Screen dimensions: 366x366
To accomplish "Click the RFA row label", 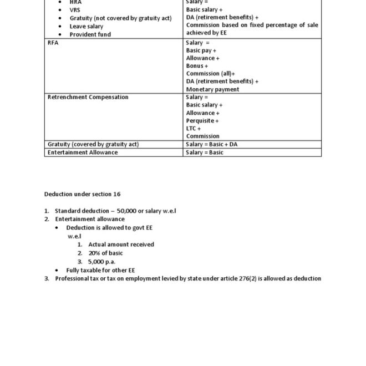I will pyautogui.click(x=53, y=43).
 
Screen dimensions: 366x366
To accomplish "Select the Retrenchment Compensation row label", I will pyautogui.click(x=88, y=97).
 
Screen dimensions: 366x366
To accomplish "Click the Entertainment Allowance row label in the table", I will pyautogui.click(x=83, y=152).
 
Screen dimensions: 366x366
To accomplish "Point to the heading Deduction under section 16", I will pyautogui.click(x=82, y=194).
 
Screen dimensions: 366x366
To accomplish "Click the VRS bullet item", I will pyautogui.click(x=74, y=10).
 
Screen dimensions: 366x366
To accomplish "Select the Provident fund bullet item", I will pyautogui.click(x=90, y=34).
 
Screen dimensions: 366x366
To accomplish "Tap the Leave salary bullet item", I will pyautogui.click(x=87, y=26).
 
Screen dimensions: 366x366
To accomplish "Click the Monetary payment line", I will pyautogui.click(x=212, y=89).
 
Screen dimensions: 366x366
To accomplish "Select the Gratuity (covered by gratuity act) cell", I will pyautogui.click(x=93, y=144).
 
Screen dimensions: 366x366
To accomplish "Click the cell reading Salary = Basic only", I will pyautogui.click(x=205, y=152).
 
